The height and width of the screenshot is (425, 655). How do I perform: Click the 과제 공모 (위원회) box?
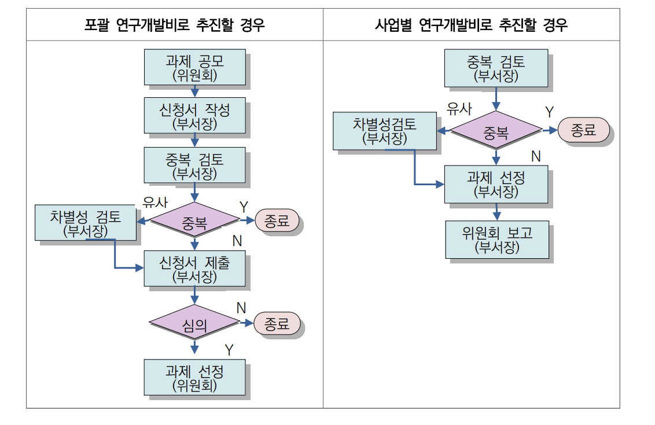pyautogui.click(x=194, y=67)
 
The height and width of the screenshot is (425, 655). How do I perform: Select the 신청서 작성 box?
pyautogui.click(x=194, y=116)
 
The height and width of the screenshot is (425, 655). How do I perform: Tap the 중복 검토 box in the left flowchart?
pyautogui.click(x=194, y=165)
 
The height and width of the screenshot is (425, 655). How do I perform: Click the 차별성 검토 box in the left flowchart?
pyautogui.click(x=86, y=223)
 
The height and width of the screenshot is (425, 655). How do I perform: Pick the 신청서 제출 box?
pyautogui.click(x=194, y=269)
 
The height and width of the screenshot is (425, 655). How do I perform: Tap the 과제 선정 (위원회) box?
pyautogui.click(x=194, y=377)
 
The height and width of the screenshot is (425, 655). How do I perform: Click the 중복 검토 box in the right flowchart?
pyautogui.click(x=496, y=68)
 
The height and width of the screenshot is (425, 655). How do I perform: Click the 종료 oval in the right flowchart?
pyautogui.click(x=583, y=130)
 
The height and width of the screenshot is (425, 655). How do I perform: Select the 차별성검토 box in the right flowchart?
pyautogui.click(x=385, y=130)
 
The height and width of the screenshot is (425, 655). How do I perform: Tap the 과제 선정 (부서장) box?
pyautogui.click(x=496, y=184)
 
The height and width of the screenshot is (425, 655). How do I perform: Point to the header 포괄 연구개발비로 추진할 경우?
pyautogui.click(x=175, y=25)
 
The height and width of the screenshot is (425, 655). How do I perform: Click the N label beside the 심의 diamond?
pyautogui.click(x=241, y=308)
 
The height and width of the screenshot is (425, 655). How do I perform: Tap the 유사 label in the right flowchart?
pyautogui.click(x=459, y=109)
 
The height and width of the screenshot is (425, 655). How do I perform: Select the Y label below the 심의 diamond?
pyautogui.click(x=229, y=350)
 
